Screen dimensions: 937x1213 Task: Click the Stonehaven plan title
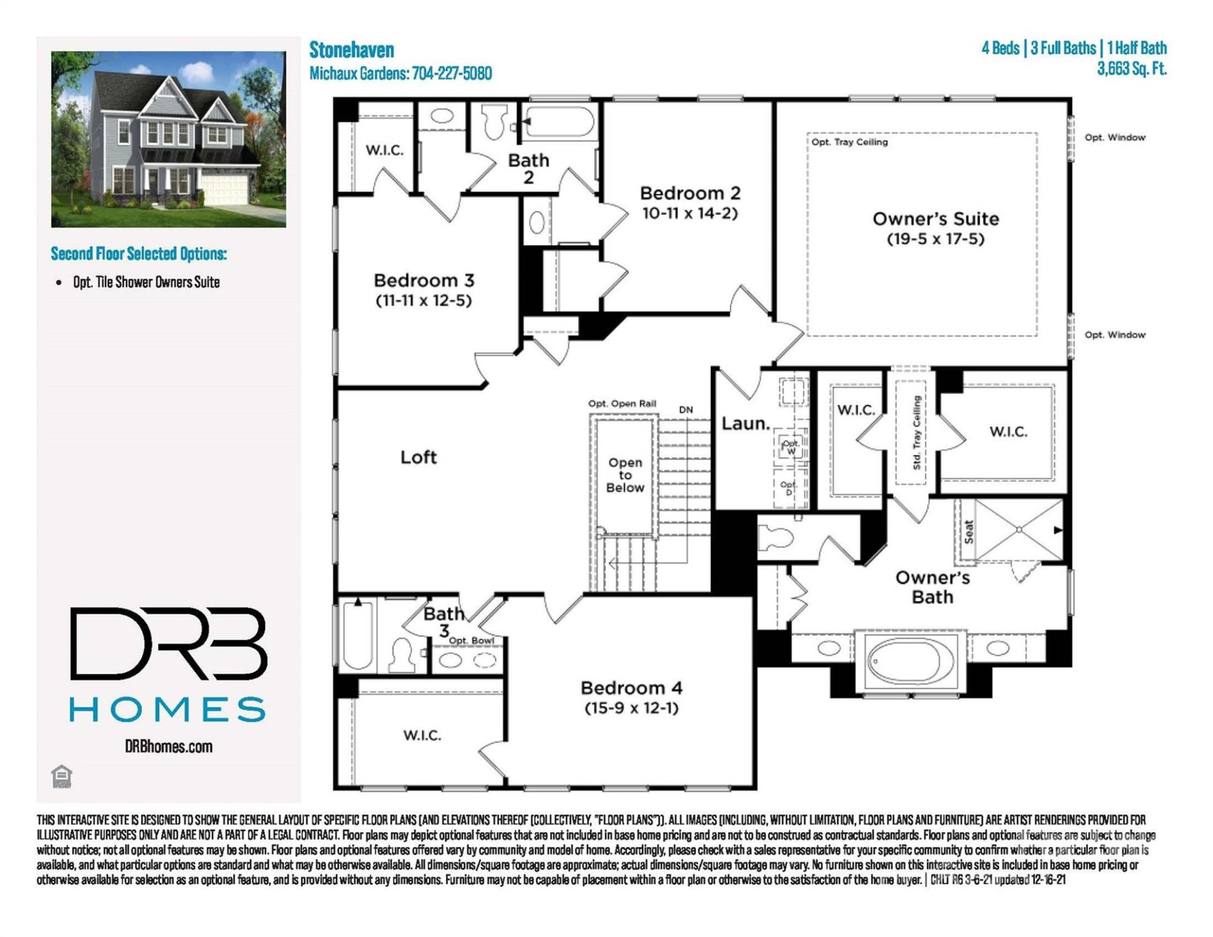point(351,50)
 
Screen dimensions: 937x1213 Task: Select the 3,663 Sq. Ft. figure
point(1132,68)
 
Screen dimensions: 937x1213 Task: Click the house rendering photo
point(169,139)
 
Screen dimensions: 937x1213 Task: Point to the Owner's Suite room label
point(936,219)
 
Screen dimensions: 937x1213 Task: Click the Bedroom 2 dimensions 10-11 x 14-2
point(690,214)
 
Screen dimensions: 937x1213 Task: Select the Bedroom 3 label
point(424,280)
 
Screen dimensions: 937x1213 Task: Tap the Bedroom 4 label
point(631,687)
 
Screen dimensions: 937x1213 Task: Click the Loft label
point(418,457)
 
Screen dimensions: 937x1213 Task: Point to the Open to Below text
point(625,475)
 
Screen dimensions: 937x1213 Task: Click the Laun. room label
point(745,423)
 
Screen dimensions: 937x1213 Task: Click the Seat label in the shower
point(969,532)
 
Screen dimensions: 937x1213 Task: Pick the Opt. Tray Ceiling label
point(850,142)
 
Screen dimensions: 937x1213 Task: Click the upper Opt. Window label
point(1114,137)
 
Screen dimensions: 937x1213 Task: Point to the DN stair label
point(685,409)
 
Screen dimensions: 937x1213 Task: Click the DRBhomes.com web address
point(169,746)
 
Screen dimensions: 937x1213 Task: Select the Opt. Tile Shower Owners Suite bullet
point(146,282)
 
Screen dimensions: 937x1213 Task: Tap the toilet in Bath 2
point(493,120)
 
